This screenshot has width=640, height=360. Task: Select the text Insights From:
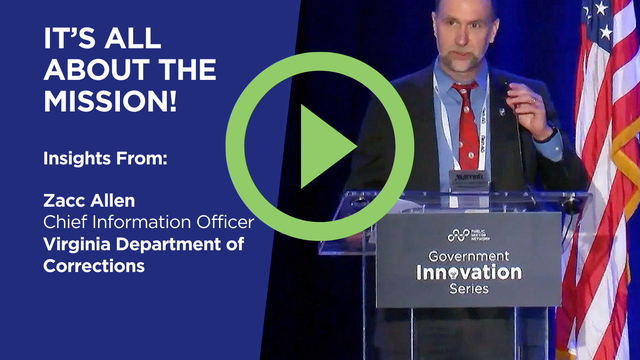pos(92,157)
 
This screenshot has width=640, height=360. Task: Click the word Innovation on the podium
pos(469,272)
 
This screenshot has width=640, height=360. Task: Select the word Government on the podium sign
pos(469,254)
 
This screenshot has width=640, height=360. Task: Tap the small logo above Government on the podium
pos(469,235)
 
